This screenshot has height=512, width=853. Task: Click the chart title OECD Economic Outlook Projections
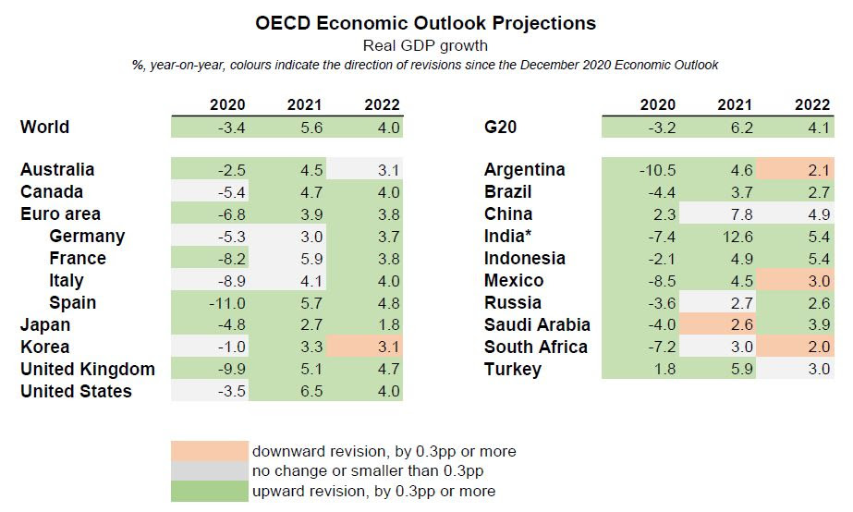point(426,22)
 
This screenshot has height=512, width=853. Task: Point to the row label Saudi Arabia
point(537,325)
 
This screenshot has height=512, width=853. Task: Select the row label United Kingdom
point(88,370)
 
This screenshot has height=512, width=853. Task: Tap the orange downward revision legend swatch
point(210,451)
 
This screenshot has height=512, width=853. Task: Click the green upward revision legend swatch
point(210,492)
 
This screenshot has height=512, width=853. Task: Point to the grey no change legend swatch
point(210,471)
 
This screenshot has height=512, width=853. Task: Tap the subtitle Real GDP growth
point(426,44)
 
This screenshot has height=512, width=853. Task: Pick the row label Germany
point(87,237)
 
